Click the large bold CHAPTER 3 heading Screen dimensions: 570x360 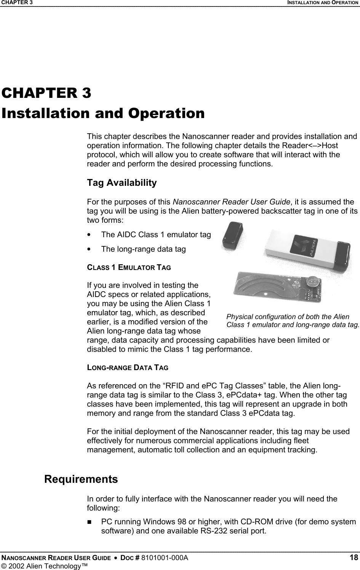pos(46,93)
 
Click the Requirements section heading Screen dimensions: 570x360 pos(81,479)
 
